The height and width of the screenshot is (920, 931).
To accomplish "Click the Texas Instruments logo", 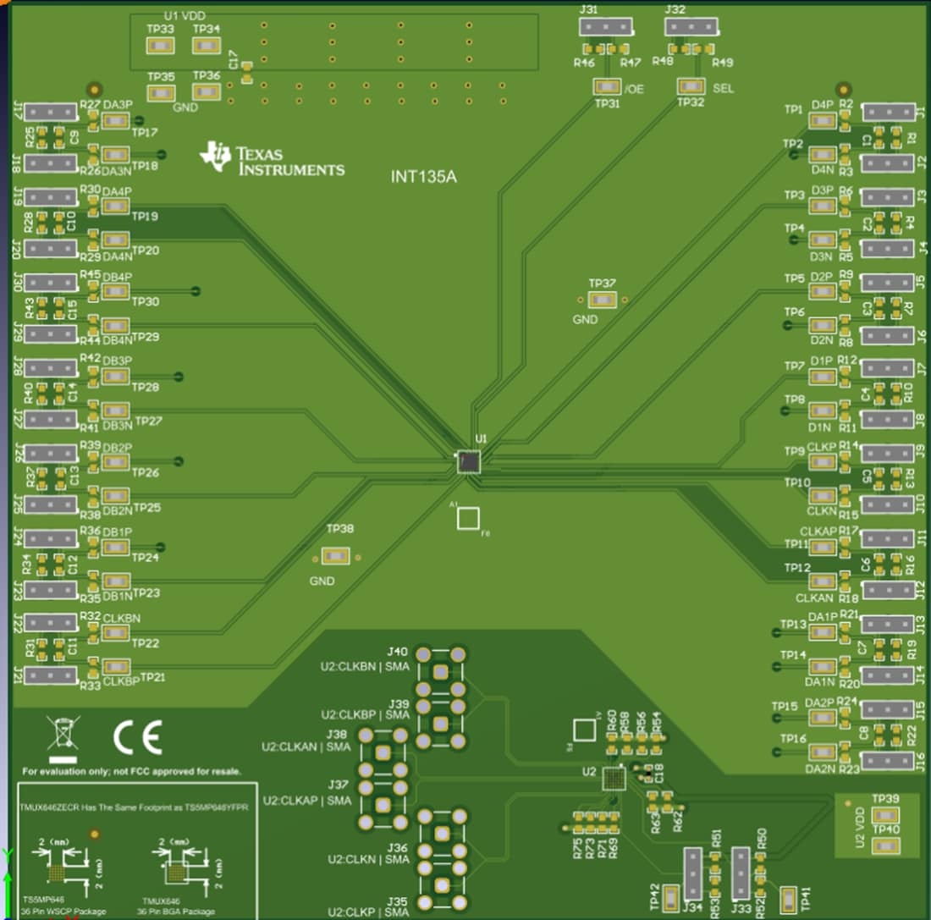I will (271, 158).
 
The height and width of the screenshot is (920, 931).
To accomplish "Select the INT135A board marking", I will (423, 177).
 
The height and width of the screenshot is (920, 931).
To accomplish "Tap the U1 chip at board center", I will (468, 461).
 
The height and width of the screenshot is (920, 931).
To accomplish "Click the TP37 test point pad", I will (603, 300).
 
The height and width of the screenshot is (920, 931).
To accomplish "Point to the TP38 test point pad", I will (336, 556).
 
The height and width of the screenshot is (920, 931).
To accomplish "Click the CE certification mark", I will (137, 739).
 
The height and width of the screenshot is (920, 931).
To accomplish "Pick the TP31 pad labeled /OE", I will (606, 87).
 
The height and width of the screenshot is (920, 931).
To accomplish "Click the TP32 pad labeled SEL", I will (691, 86).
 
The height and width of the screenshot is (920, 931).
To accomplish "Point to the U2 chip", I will (613, 777).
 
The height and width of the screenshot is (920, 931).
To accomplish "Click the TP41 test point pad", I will (788, 900).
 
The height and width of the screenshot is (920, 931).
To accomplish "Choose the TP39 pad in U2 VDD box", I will (884, 813).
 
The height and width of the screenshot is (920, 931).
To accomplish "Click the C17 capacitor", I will (246, 78).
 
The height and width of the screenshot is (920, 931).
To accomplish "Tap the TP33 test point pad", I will (161, 45).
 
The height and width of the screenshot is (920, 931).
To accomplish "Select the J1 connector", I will (887, 112).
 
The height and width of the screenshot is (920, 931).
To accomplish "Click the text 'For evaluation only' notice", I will (131, 771).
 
